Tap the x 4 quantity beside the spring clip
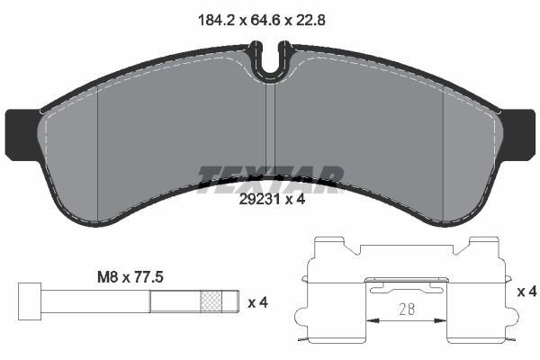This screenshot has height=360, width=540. (527, 292)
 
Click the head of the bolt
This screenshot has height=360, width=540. (29, 301)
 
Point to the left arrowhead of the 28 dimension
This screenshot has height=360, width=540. (371, 320)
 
